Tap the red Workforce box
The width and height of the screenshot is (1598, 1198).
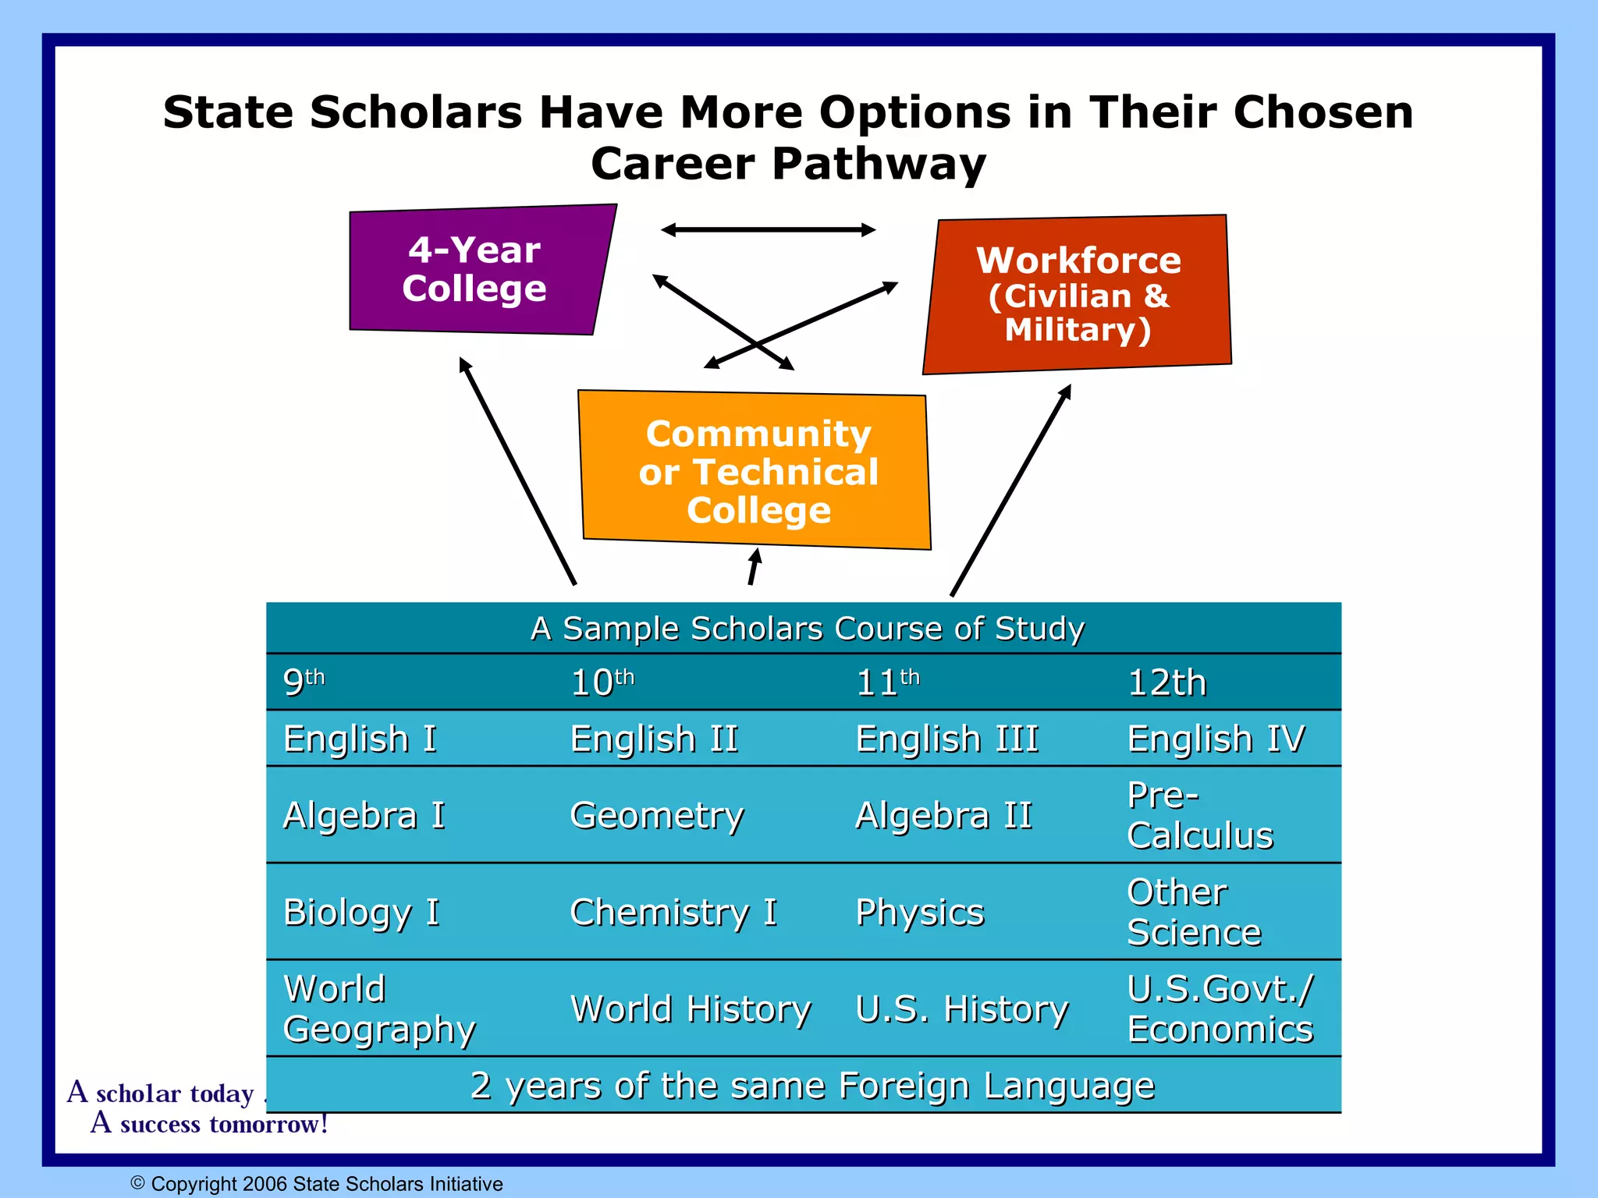point(1078,294)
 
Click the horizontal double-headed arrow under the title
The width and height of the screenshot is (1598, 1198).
point(768,229)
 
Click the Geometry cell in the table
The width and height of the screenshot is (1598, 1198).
point(657,816)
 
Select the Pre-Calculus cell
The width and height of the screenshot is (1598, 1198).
point(1199,816)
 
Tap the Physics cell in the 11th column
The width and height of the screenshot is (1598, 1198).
point(920,913)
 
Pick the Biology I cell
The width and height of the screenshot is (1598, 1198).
point(361,913)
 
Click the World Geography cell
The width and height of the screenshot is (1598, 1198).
point(379,1009)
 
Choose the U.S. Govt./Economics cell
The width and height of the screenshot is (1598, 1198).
point(1220,1009)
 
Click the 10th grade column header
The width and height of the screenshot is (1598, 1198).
point(602,683)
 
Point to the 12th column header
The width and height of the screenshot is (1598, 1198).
point(1167,683)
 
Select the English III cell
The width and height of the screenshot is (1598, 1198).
point(946,739)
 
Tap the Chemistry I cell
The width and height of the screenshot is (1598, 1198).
point(673,913)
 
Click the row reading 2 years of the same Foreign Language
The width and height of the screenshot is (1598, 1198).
point(811,1086)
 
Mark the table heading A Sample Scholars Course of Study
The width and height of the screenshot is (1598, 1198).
point(807,629)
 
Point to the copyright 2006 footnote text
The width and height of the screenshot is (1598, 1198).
point(318,1184)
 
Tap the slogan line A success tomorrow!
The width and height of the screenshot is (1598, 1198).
point(209,1125)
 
